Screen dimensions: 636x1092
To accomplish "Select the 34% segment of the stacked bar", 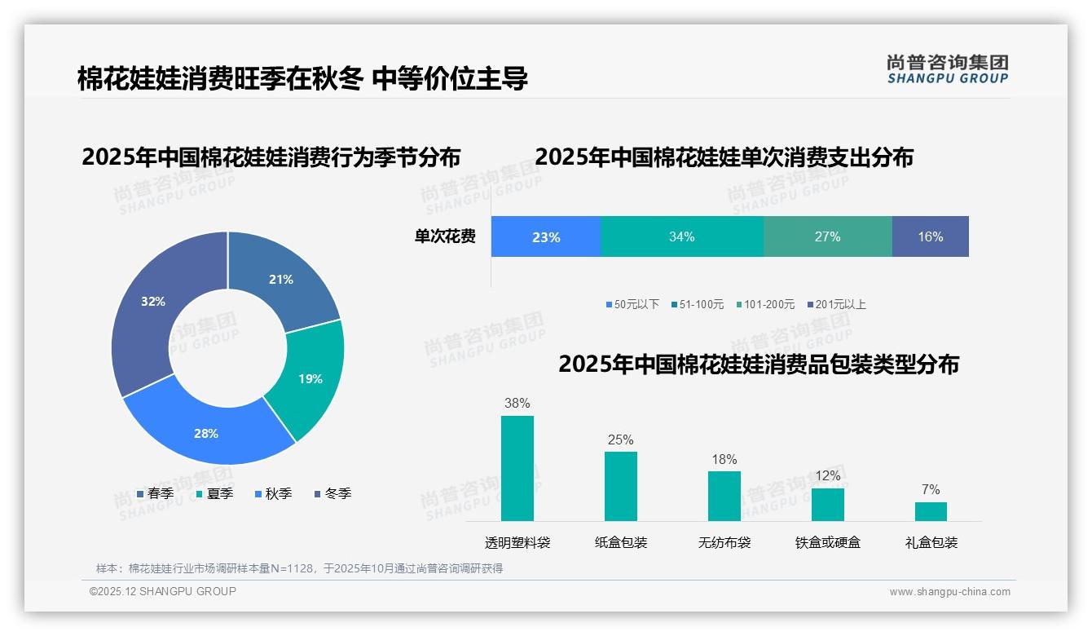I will click(681, 236).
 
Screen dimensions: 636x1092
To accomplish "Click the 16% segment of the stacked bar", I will click(930, 236).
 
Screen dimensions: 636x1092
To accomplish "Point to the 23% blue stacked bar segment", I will click(545, 236).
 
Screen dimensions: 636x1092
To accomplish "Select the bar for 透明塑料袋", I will click(517, 468).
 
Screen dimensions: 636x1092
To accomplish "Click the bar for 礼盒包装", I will click(931, 511).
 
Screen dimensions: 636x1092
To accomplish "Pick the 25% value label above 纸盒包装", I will click(620, 439).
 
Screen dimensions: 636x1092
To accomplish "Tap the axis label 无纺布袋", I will click(724, 542).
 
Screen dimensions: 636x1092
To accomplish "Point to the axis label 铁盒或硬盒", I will click(827, 542).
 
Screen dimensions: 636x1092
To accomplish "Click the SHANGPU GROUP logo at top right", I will click(947, 68).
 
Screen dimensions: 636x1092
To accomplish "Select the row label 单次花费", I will click(445, 236).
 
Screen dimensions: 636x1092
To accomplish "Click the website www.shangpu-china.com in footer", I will click(949, 592).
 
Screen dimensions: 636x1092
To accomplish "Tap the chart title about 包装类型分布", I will click(758, 364).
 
